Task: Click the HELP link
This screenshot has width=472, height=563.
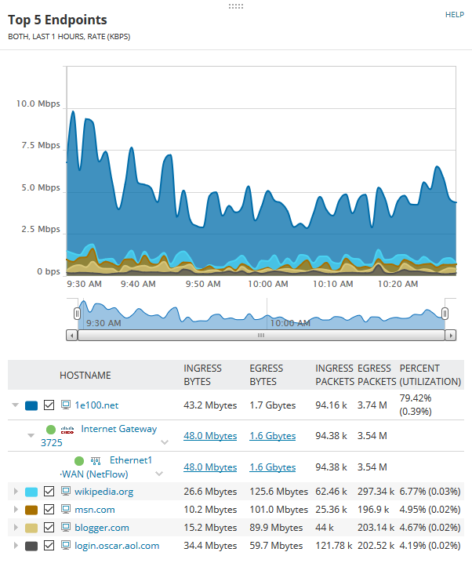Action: tap(455, 14)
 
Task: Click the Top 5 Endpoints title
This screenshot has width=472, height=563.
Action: tap(57, 20)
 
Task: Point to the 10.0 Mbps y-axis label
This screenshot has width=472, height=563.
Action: tap(38, 104)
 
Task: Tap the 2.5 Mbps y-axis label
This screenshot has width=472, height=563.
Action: tap(41, 229)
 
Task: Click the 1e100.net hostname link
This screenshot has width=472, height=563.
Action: tap(96, 405)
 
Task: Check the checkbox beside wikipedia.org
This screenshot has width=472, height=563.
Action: tap(49, 492)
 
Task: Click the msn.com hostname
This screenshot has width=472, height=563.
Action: tap(94, 510)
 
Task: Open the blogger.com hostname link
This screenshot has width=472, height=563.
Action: tap(101, 528)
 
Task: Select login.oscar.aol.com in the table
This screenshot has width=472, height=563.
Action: tap(116, 546)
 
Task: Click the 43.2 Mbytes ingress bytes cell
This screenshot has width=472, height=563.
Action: tap(210, 405)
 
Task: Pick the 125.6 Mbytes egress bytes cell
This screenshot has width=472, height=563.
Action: tap(278, 492)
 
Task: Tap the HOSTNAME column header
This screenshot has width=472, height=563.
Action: tap(85, 376)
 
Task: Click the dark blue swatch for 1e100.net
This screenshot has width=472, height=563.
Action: tap(31, 405)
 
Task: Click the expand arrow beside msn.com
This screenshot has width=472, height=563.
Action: tap(15, 510)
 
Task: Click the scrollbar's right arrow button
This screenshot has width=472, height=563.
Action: tap(450, 335)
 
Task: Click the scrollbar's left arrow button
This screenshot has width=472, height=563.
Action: tap(72, 335)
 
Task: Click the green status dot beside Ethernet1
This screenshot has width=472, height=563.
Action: tap(79, 460)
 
